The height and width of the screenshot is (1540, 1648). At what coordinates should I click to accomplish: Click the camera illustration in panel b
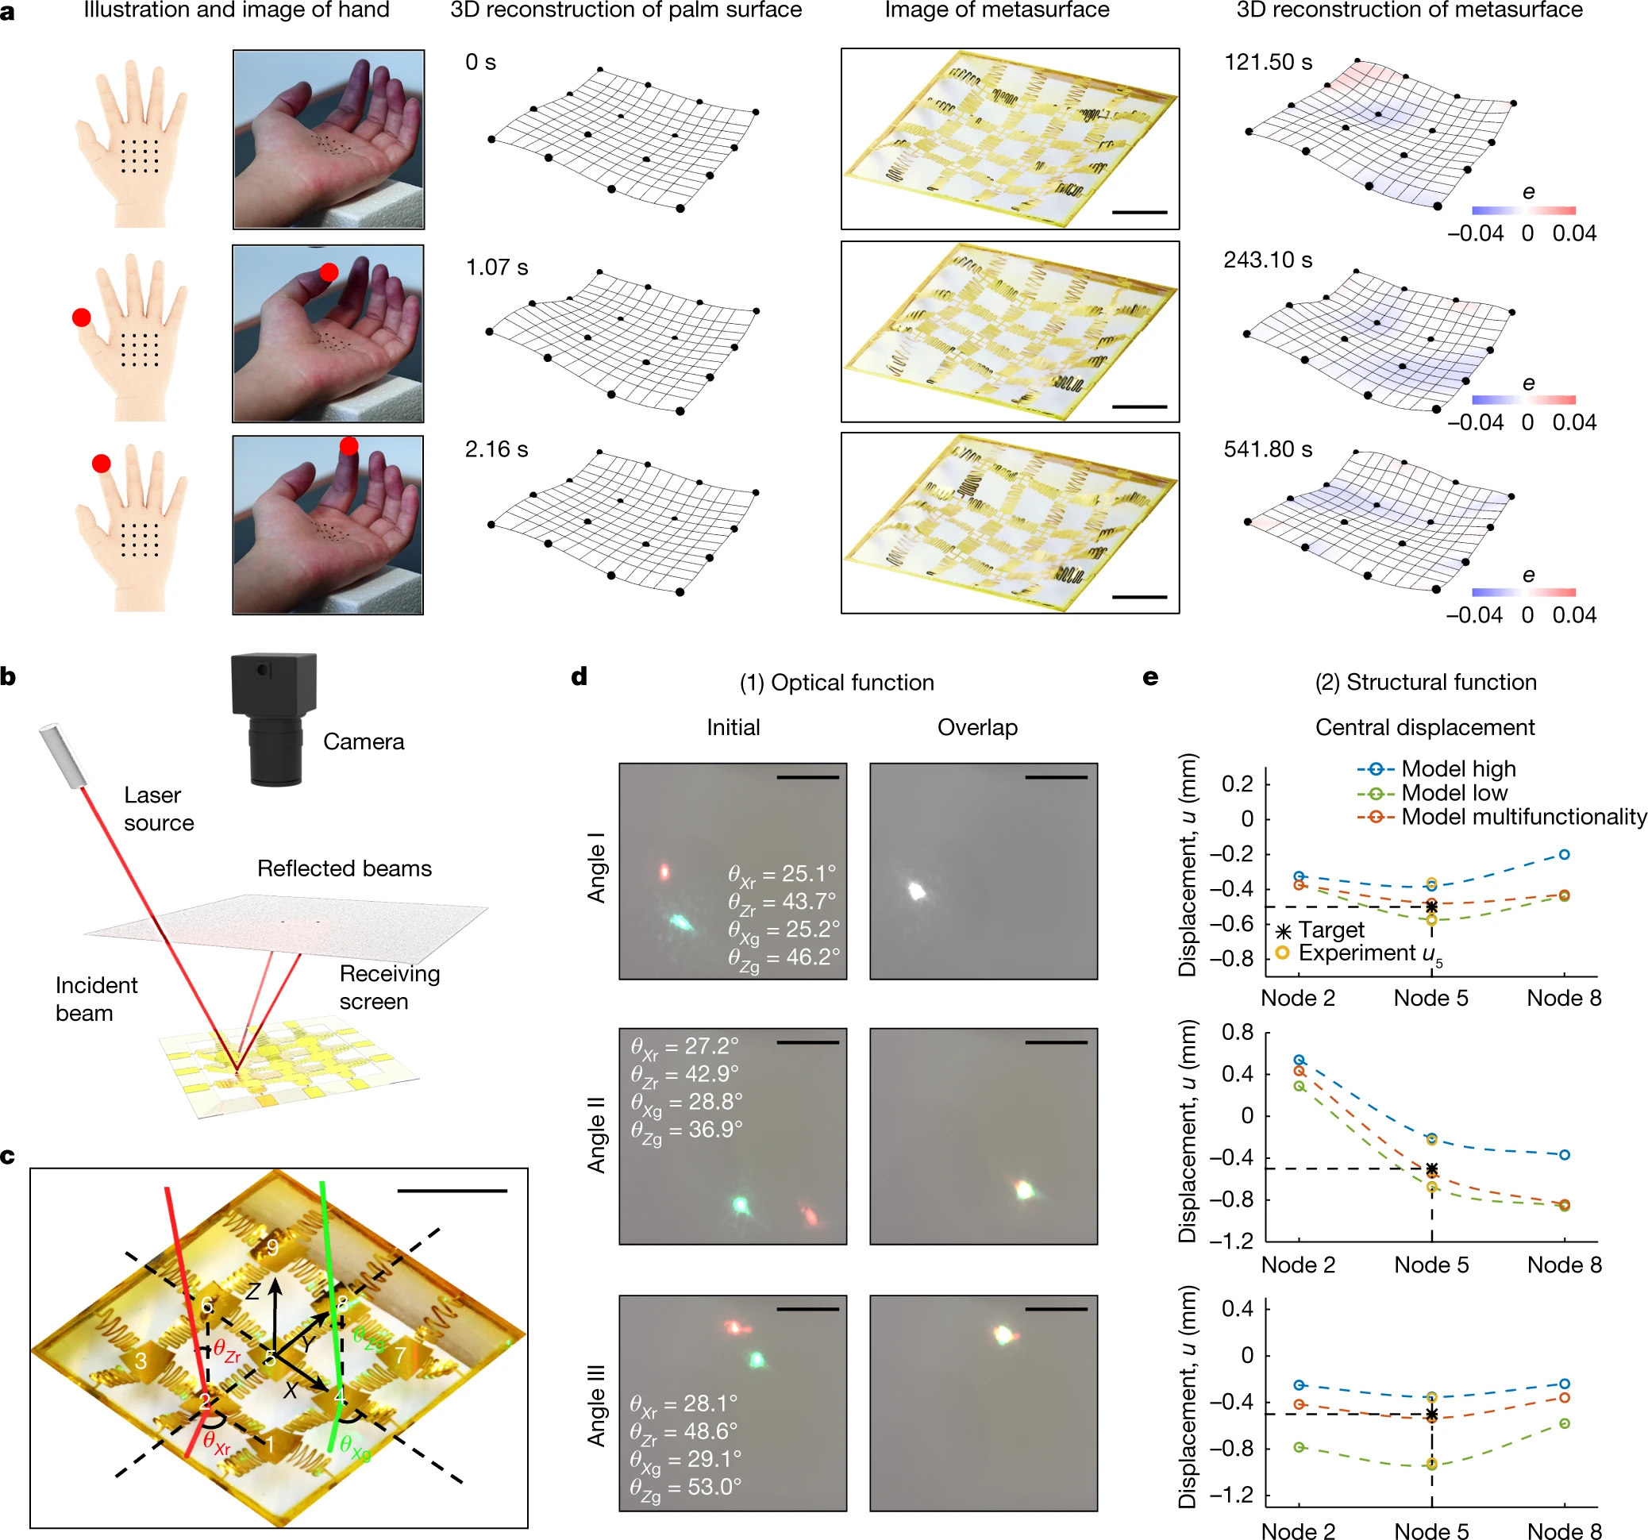point(274,717)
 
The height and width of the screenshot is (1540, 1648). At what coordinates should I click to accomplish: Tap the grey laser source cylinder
point(64,755)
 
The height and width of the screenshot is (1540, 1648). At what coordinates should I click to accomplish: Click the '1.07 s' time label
point(497,267)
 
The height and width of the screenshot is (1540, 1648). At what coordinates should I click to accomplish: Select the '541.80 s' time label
point(1268,449)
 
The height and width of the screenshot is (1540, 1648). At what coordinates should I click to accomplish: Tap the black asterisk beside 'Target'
point(1284,931)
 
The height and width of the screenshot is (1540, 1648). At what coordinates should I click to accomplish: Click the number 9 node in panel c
point(272,1245)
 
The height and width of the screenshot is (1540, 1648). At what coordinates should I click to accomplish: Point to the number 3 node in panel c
point(141,1360)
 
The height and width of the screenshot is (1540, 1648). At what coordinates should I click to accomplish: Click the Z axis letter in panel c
point(253,1291)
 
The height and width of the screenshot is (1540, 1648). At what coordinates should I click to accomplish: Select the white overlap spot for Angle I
point(916,890)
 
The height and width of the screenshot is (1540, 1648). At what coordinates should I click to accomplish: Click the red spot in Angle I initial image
point(664,871)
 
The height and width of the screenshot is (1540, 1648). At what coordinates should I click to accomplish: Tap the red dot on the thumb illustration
point(81,317)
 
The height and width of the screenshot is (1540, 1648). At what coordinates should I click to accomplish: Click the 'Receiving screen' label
point(389,987)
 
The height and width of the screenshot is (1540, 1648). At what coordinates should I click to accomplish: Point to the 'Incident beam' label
point(95,998)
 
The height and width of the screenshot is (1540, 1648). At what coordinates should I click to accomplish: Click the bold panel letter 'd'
point(579,676)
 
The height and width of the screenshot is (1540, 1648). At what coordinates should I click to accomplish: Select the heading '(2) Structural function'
point(1425,681)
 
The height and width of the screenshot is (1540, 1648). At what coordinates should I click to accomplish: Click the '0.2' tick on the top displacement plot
point(1237,783)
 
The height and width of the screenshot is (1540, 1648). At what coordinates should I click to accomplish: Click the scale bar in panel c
point(452,1190)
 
